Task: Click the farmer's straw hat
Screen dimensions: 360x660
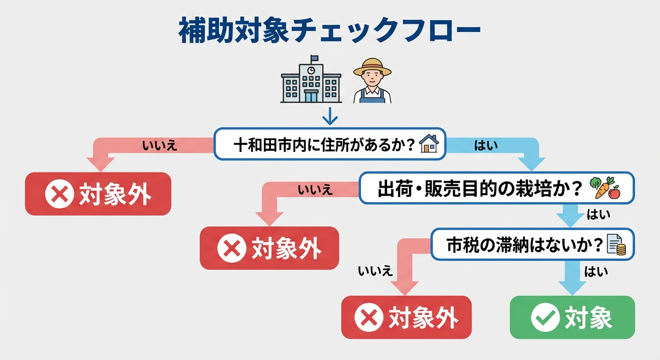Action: click(372, 67)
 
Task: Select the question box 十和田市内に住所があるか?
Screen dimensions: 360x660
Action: click(330, 144)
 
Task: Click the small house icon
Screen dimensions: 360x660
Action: click(428, 144)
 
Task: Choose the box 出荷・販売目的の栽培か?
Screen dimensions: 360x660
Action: click(496, 187)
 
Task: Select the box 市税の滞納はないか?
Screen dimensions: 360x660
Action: click(532, 244)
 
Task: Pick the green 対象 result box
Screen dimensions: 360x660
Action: click(572, 317)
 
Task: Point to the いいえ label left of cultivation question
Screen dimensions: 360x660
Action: click(315, 190)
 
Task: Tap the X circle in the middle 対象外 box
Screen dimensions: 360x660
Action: click(232, 248)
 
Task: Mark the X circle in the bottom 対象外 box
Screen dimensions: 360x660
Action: click(368, 317)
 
